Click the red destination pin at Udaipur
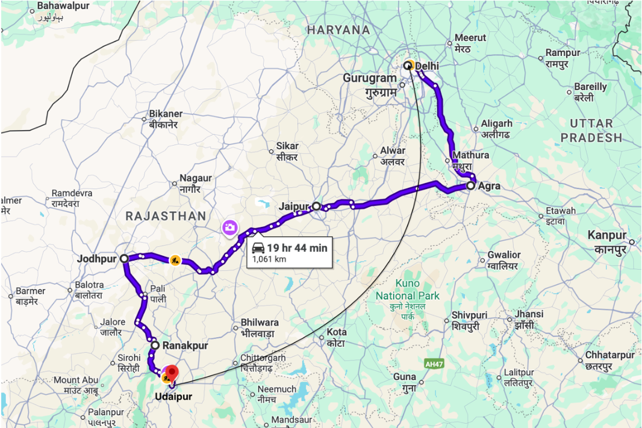[172, 373]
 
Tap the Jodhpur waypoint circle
[124, 258]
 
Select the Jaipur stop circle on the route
[317, 206]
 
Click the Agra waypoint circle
[470, 186]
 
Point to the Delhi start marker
[408, 66]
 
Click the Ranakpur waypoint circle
[155, 346]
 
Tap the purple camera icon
[229, 228]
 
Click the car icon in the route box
[258, 247]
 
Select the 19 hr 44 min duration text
[298, 247]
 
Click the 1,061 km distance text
[269, 259]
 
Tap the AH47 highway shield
[434, 364]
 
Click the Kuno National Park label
[408, 295]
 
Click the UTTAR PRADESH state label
[591, 131]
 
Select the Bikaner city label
[166, 114]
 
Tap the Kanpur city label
[608, 235]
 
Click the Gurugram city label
[370, 78]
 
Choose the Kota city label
[337, 332]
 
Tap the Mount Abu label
[75, 380]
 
